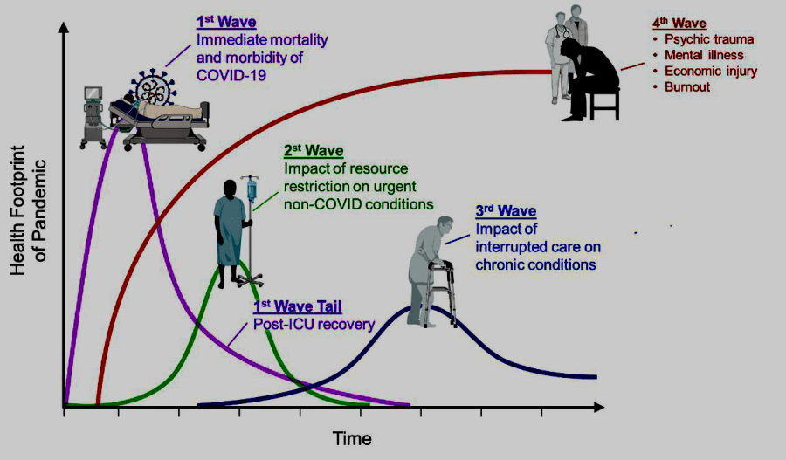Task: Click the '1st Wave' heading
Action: pyautogui.click(x=226, y=22)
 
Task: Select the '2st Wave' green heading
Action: pyautogui.click(x=314, y=151)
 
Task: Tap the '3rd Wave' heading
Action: pyautogui.click(x=506, y=211)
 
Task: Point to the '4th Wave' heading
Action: pyautogui.click(x=679, y=24)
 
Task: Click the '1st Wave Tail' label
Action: pyautogui.click(x=298, y=306)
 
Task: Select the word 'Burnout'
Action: pyautogui.click(x=687, y=87)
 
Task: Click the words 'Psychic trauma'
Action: pyautogui.click(x=709, y=39)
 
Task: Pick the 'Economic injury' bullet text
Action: pyautogui.click(x=711, y=72)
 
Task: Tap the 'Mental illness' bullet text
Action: pyautogui.click(x=704, y=55)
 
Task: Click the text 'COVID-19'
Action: pyautogui.click(x=231, y=75)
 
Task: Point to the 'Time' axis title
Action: pyautogui.click(x=352, y=439)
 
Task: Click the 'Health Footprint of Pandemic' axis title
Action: pyautogui.click(x=28, y=210)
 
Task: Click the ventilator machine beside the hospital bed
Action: pyautogui.click(x=93, y=117)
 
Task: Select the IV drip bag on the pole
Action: pyautogui.click(x=252, y=189)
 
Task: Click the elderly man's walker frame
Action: pyautogui.click(x=441, y=293)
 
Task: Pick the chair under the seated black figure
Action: pyautogui.click(x=604, y=104)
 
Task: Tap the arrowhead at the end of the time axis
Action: pyautogui.click(x=599, y=407)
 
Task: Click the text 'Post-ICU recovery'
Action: pyautogui.click(x=314, y=324)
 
